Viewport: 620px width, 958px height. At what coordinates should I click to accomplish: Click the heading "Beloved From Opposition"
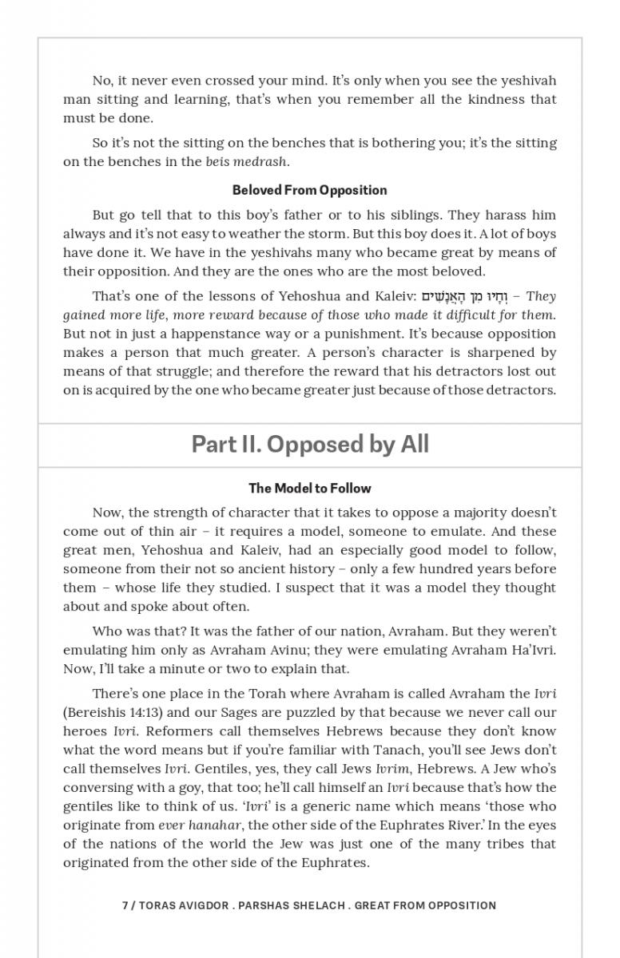pyautogui.click(x=309, y=190)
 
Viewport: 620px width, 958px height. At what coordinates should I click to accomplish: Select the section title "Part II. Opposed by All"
pyautogui.click(x=310, y=444)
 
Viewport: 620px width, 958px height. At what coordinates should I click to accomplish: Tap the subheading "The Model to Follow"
pyautogui.click(x=310, y=488)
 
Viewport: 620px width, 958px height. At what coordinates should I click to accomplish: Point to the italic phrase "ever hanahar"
pyautogui.click(x=189, y=825)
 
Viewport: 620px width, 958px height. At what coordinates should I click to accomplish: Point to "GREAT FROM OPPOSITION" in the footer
pyautogui.click(x=425, y=905)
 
